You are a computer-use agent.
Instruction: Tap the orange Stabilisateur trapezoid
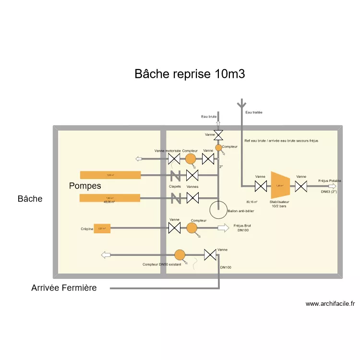[x=280, y=185]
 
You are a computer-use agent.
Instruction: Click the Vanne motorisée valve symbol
[x=174, y=159]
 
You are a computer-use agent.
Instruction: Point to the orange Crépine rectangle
[x=102, y=228]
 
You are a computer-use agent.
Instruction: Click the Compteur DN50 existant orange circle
[x=180, y=254]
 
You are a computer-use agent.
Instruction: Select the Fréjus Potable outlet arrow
[x=332, y=186]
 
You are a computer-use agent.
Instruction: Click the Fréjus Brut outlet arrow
[x=224, y=228]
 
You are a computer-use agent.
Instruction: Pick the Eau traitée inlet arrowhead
[x=241, y=103]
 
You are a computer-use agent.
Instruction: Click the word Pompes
[x=85, y=186]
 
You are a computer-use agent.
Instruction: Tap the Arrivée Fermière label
[x=64, y=288]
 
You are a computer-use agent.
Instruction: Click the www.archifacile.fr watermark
[x=330, y=303]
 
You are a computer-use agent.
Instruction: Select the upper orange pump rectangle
[x=110, y=175]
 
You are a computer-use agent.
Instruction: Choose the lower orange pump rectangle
[x=110, y=197]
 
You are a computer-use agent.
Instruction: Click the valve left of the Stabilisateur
[x=261, y=186]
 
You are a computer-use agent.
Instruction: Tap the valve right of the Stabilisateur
[x=301, y=186]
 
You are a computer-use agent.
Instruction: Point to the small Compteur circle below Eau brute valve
[x=218, y=148]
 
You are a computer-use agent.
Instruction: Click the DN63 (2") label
[x=329, y=192]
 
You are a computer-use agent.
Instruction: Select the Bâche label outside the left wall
[x=30, y=199]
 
